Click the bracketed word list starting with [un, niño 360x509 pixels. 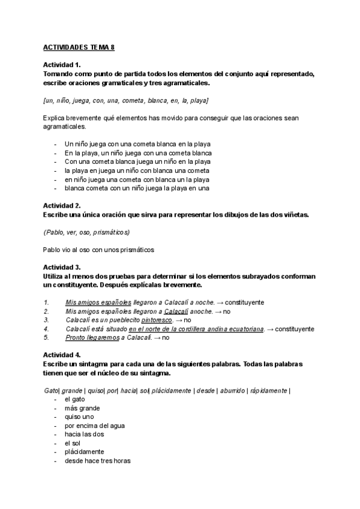(125, 100)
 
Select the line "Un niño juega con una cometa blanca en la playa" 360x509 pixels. (137, 144)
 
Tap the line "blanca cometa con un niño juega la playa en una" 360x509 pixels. (137, 188)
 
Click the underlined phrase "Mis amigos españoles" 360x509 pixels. (98, 303)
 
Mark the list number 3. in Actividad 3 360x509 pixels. (46, 320)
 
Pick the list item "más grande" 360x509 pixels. (82, 408)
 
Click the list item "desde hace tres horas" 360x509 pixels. (97, 461)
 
